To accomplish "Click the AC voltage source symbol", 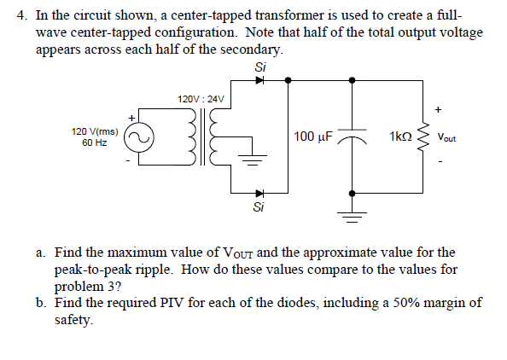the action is point(139,137).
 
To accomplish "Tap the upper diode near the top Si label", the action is point(260,80).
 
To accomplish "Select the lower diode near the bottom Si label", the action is point(260,194).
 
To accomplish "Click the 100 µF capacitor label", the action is point(312,136).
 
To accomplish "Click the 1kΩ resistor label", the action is point(400,136).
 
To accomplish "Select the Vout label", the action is point(446,137).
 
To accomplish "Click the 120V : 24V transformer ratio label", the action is point(201,99).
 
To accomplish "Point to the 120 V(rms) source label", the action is point(95,131).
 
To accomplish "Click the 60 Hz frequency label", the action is point(95,142).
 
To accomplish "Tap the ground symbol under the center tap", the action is point(253,160).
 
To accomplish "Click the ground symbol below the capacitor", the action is point(353,218).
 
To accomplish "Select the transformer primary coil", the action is point(192,137).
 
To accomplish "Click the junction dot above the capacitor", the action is point(353,80).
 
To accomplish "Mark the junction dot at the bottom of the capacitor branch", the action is point(353,194).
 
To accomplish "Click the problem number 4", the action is point(21,15).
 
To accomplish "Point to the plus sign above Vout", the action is point(438,109).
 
